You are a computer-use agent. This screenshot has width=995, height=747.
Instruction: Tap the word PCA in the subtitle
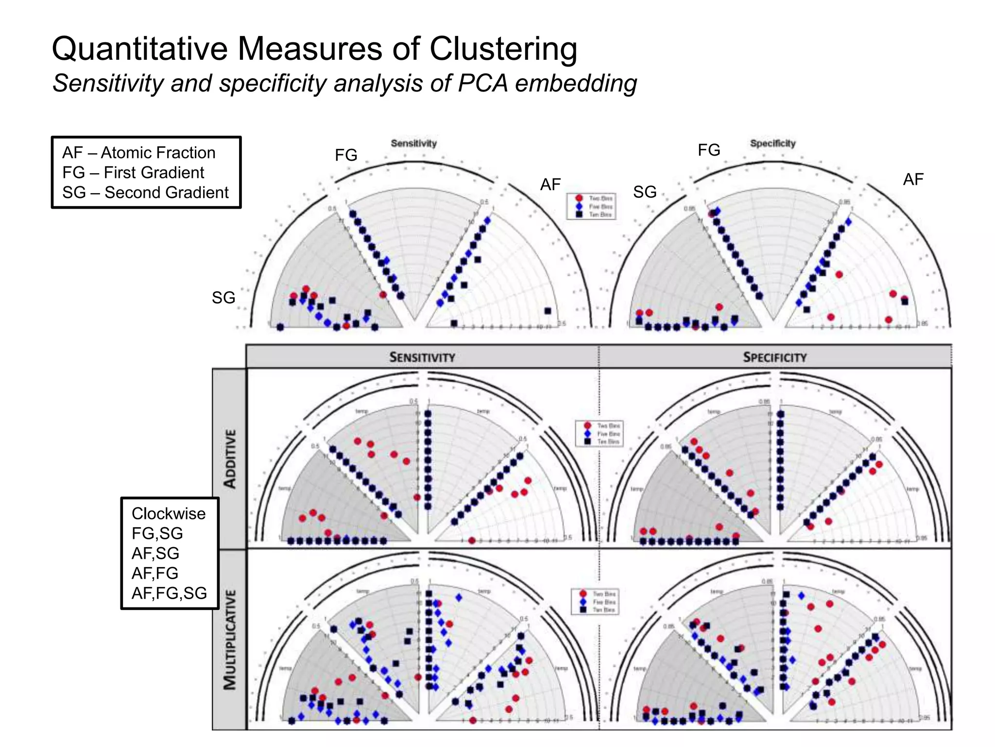482,83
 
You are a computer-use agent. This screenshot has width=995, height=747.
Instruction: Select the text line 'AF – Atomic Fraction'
138,153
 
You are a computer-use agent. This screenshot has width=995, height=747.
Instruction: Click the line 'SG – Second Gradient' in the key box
145,193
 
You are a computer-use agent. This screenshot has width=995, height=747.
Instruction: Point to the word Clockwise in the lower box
168,514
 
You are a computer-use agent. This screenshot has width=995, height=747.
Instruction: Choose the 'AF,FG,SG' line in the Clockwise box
169,593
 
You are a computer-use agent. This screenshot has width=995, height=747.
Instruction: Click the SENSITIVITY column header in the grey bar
422,357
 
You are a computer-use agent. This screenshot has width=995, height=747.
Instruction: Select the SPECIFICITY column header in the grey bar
774,357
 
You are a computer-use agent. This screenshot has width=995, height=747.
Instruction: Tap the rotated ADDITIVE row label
230,459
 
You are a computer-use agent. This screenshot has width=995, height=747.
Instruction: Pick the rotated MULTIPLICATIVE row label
230,640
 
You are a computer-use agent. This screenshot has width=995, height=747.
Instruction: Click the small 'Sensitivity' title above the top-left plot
414,143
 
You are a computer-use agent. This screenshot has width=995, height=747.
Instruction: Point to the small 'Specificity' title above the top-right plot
772,143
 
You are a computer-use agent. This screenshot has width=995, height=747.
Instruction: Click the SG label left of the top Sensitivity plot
223,298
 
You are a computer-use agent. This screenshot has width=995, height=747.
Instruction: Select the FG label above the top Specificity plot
709,150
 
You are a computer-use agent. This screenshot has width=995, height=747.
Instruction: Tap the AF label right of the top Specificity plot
913,179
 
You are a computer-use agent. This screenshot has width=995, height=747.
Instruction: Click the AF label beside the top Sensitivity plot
550,184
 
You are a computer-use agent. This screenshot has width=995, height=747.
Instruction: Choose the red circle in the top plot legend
579,198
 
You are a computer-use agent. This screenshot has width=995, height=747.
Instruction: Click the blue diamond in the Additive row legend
587,433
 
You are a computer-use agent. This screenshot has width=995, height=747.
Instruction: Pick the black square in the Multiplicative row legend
583,609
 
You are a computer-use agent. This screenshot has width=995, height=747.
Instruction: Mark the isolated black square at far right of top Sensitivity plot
548,311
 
